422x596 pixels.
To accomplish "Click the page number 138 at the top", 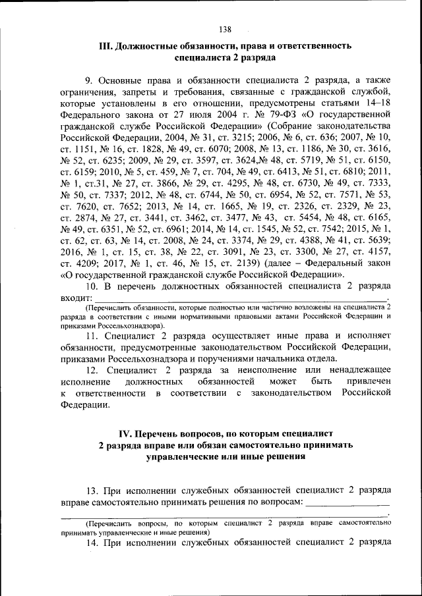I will coord(225,29).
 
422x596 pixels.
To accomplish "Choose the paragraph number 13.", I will coord(93,491).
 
